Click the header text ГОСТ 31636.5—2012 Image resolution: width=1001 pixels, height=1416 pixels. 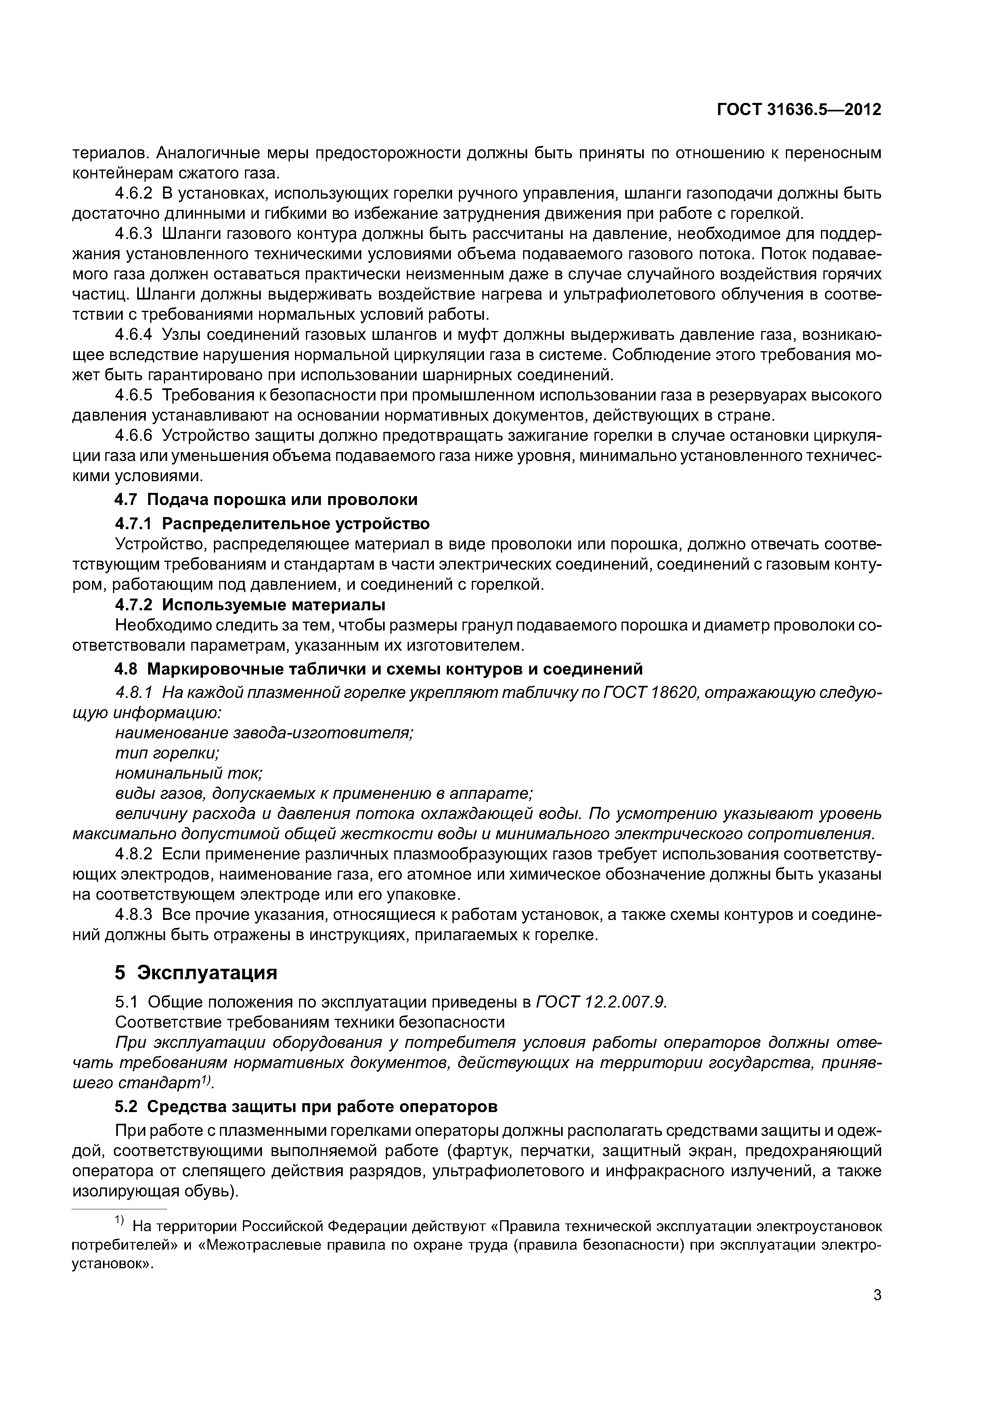click(799, 110)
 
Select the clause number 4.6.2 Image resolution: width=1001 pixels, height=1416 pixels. click(133, 194)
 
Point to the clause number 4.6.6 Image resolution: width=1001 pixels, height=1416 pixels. click(133, 436)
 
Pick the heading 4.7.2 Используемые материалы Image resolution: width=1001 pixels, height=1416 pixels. click(250, 604)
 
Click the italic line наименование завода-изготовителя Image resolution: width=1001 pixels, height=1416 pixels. click(264, 733)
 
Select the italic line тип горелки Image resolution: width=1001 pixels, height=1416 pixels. click(167, 753)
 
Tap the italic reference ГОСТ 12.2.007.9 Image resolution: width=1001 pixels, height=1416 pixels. click(601, 1002)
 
